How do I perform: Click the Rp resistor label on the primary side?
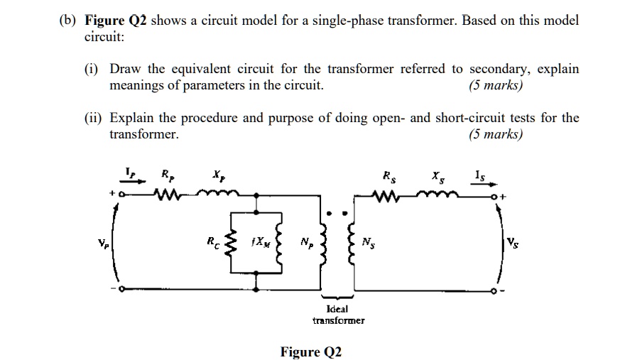(x=165, y=174)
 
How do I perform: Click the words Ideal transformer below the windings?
(x=338, y=315)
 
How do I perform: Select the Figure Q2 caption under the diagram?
(x=310, y=351)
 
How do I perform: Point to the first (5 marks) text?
(x=495, y=86)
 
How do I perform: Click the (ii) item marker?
(x=93, y=118)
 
